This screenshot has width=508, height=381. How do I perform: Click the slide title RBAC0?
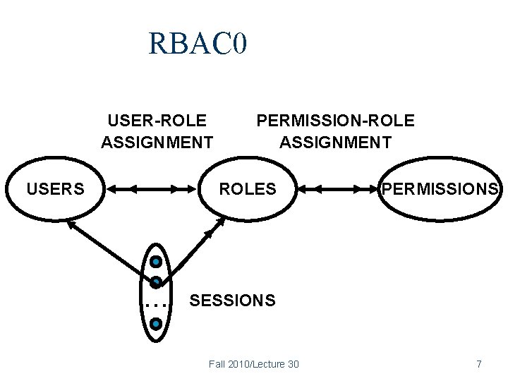click(198, 44)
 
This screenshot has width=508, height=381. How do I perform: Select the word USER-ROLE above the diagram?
click(157, 121)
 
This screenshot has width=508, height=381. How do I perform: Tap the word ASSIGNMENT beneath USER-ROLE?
click(157, 143)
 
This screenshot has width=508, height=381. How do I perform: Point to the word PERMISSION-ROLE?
click(335, 121)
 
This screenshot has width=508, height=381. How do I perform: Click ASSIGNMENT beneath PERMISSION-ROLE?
click(335, 143)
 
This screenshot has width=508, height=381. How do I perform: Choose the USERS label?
click(55, 189)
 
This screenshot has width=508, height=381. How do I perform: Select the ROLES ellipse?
click(248, 189)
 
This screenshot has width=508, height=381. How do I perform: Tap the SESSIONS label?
click(233, 301)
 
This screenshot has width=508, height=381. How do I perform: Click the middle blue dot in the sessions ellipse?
click(157, 282)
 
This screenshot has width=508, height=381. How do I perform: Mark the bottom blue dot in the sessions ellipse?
click(157, 324)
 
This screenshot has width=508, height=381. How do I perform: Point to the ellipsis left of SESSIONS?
click(155, 306)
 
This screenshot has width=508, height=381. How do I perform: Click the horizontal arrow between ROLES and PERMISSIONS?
click(337, 189)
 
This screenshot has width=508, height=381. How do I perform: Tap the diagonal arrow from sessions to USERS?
click(106, 248)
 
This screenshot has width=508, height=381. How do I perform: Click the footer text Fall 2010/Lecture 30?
click(254, 364)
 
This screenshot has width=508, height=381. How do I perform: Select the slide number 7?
click(479, 364)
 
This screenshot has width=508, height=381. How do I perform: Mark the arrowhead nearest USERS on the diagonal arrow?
click(71, 224)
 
